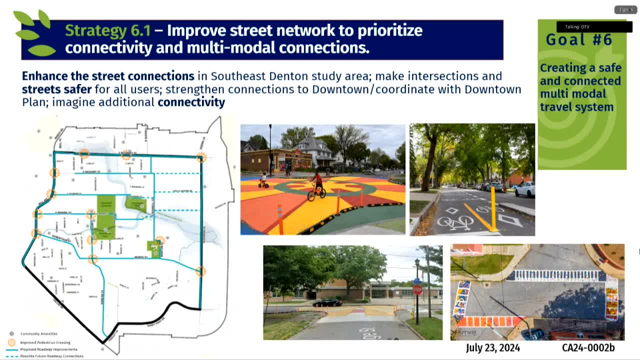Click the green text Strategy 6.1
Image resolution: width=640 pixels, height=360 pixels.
coord(107,30)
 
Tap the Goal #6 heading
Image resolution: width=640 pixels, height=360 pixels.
coord(579,40)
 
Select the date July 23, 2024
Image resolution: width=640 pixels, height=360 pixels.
coord(492,347)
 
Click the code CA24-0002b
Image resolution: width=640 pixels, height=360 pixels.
coord(588,347)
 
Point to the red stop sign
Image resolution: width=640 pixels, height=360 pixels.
coord(417,289)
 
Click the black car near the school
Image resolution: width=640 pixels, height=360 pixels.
coord(327,302)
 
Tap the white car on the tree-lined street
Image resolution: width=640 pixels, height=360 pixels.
coord(524,189)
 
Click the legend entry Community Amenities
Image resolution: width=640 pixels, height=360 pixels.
coord(38,333)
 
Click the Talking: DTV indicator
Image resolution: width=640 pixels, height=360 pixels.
coord(594,26)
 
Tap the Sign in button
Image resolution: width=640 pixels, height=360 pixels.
coord(625,9)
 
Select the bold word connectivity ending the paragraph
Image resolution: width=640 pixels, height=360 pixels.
coord(191,102)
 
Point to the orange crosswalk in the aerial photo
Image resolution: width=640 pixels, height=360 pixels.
coord(483,321)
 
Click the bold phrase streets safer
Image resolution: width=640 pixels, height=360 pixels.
coord(56,89)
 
